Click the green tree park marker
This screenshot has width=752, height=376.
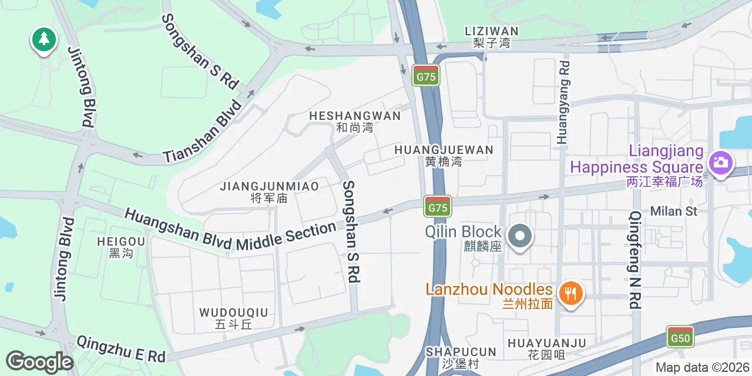[43, 40]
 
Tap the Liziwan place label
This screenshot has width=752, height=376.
[491, 36]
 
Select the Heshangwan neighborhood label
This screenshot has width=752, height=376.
[355, 121]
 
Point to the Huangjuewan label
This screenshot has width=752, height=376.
[444, 155]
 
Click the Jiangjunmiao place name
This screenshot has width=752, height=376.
[269, 192]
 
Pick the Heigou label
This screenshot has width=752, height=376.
[121, 247]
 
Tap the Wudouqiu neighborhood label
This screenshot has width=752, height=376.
[233, 318]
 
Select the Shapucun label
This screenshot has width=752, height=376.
[461, 357]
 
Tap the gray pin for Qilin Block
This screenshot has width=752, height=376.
[519, 236]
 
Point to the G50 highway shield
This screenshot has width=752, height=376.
[680, 337]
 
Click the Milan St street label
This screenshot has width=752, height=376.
[673, 211]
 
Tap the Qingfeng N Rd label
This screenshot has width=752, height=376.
[635, 260]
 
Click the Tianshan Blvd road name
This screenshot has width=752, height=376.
[203, 132]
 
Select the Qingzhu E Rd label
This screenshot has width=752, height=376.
[121, 348]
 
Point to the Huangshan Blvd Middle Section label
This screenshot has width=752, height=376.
[230, 230]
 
